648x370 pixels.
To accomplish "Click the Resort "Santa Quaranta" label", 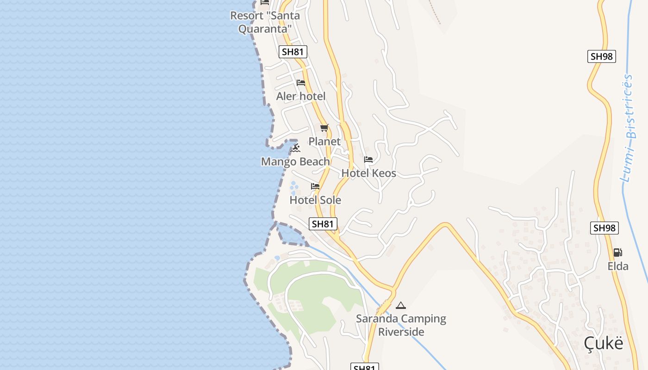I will pyautogui.click(x=265, y=22).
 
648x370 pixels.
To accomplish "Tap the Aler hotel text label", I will pyautogui.click(x=301, y=96).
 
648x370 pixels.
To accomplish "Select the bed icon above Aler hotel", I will pyautogui.click(x=301, y=83).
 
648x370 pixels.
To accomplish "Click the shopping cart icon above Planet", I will pyautogui.click(x=324, y=128).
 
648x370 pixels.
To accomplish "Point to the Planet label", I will pyautogui.click(x=324, y=142).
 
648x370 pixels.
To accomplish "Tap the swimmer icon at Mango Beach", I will pyautogui.click(x=295, y=148).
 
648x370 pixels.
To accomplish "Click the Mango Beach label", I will pyautogui.click(x=295, y=161).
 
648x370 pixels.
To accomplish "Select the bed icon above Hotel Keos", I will pyautogui.click(x=368, y=160).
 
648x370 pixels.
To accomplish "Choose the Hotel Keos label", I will pyautogui.click(x=368, y=173).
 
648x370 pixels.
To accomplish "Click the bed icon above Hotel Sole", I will pyautogui.click(x=315, y=186).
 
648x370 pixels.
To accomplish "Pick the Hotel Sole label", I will pyautogui.click(x=315, y=200).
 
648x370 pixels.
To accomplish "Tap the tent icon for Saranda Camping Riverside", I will pyautogui.click(x=401, y=305).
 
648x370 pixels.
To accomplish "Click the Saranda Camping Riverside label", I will pyautogui.click(x=401, y=325).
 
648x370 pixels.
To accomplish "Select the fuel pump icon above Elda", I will pyautogui.click(x=617, y=253).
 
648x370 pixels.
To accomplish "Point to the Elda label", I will pyautogui.click(x=618, y=266).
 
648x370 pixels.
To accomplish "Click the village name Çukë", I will pyautogui.click(x=603, y=343).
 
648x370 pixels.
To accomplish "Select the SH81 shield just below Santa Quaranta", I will pyautogui.click(x=293, y=52).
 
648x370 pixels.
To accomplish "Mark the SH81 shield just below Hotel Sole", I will pyautogui.click(x=323, y=224).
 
